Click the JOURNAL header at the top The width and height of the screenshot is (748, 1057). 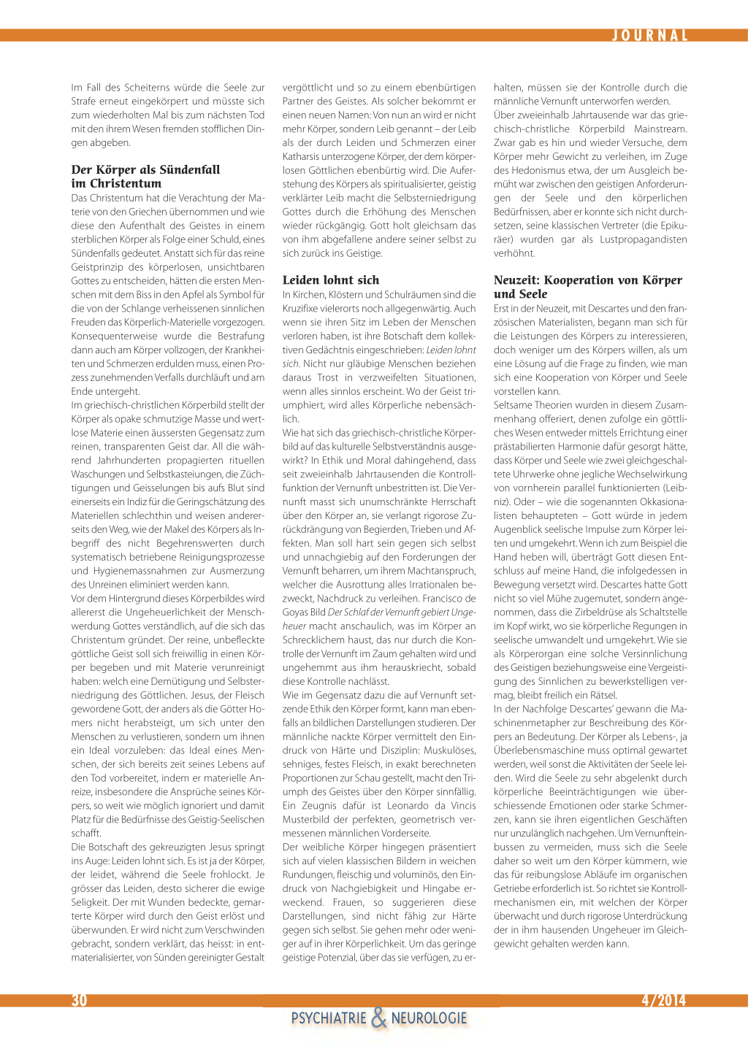650,36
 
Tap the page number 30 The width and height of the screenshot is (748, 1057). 79,1000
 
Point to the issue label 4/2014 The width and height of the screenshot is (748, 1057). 663,1000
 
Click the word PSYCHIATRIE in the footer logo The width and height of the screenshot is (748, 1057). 329,1018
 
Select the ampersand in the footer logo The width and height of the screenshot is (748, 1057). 378,1018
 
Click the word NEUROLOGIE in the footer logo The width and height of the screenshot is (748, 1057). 429,1018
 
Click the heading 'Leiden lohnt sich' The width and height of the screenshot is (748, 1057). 331,280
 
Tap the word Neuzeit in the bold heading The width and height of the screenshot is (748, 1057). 517,280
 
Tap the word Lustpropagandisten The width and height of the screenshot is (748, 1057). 644,239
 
